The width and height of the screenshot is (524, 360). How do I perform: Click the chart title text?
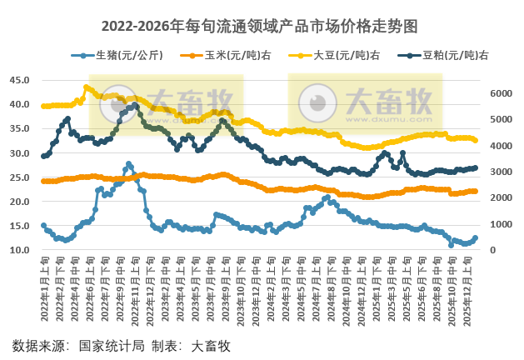point(262,27)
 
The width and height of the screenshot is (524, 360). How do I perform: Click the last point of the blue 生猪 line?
point(476,237)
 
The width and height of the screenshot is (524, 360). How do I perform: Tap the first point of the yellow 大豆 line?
point(43,106)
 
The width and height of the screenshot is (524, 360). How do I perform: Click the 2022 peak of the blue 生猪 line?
point(128,164)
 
